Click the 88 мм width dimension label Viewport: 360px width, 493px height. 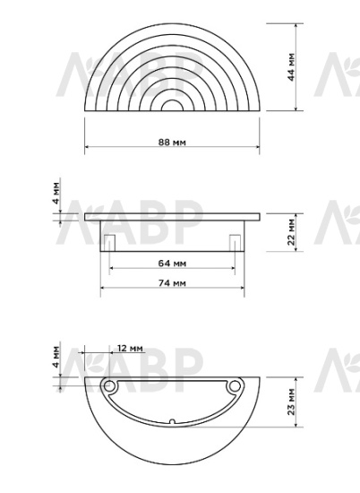[172, 142]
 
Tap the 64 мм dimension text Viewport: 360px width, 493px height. [171, 264]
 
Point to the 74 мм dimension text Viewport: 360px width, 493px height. [171, 282]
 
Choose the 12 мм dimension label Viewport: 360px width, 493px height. [130, 348]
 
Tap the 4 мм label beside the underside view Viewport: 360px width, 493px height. [56, 357]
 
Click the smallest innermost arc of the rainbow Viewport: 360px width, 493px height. [171, 106]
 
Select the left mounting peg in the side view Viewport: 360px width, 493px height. [107, 242]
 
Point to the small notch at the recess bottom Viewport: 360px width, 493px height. [171, 421]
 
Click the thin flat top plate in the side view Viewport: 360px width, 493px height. [171, 216]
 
